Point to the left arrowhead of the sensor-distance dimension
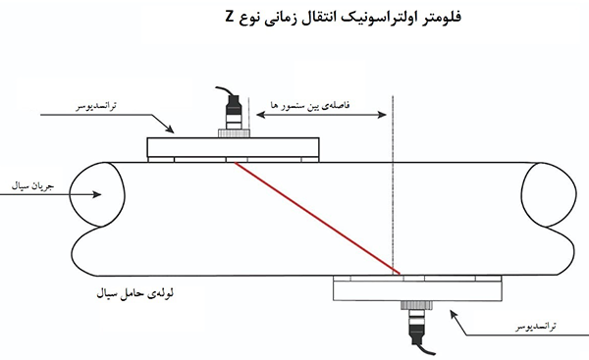pos(258,116)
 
